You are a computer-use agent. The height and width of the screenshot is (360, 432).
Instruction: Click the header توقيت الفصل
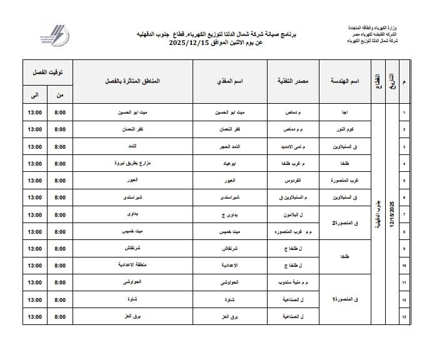[48, 72]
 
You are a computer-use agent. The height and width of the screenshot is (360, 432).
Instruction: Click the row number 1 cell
[404, 113]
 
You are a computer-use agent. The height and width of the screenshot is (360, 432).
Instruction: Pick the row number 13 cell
[404, 317]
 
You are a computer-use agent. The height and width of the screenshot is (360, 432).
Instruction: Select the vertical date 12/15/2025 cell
[392, 215]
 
